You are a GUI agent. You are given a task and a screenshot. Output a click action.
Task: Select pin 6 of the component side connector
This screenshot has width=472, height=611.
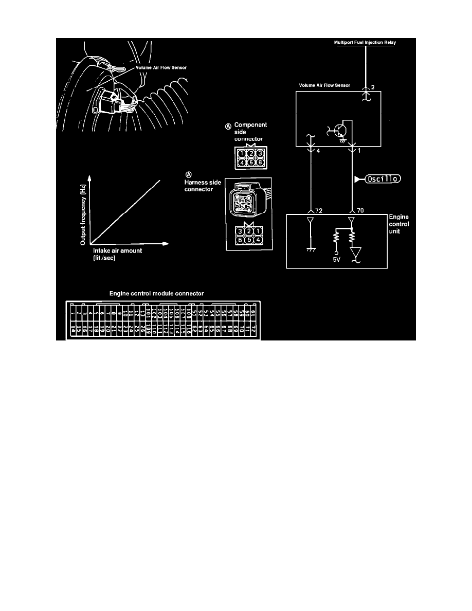point(260,162)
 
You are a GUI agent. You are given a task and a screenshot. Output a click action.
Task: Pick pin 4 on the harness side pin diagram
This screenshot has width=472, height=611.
point(260,239)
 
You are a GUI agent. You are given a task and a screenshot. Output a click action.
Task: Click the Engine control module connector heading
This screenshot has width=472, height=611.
point(157,293)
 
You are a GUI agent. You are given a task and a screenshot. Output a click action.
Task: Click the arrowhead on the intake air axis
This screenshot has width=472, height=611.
point(166,243)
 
